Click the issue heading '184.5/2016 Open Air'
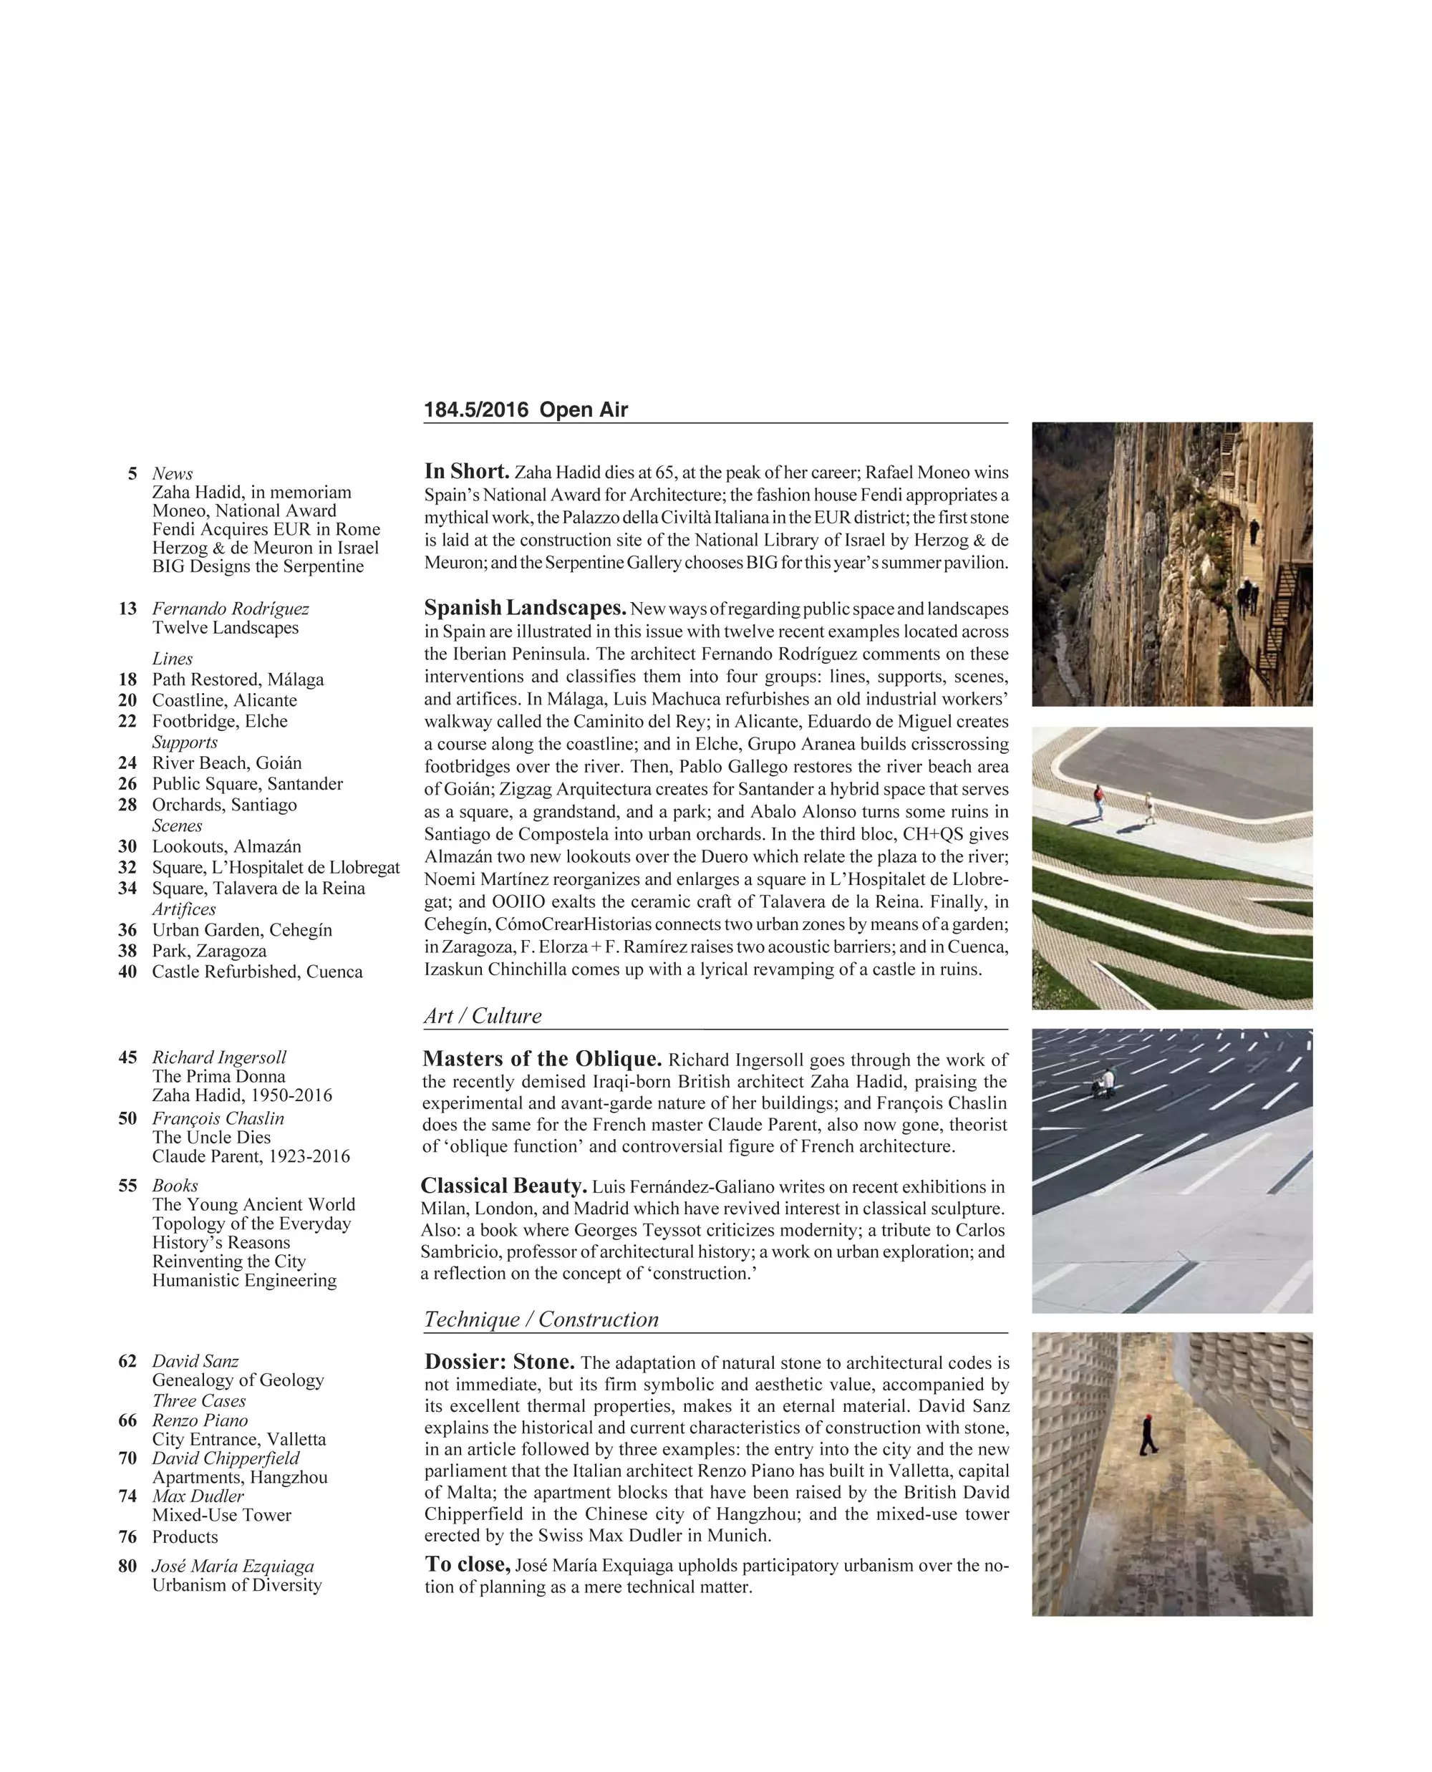526,410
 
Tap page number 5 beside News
132,473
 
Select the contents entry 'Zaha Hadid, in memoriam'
251,493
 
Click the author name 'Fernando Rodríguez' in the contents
230,609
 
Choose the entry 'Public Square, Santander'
248,784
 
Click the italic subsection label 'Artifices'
184,909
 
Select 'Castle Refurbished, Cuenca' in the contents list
257,972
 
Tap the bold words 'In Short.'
467,472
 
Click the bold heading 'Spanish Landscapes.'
526,608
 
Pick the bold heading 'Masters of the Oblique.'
542,1059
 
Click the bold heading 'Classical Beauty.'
504,1186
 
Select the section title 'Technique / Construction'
541,1319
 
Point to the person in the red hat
1148,1435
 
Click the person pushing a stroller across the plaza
1103,1082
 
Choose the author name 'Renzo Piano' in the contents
200,1420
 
